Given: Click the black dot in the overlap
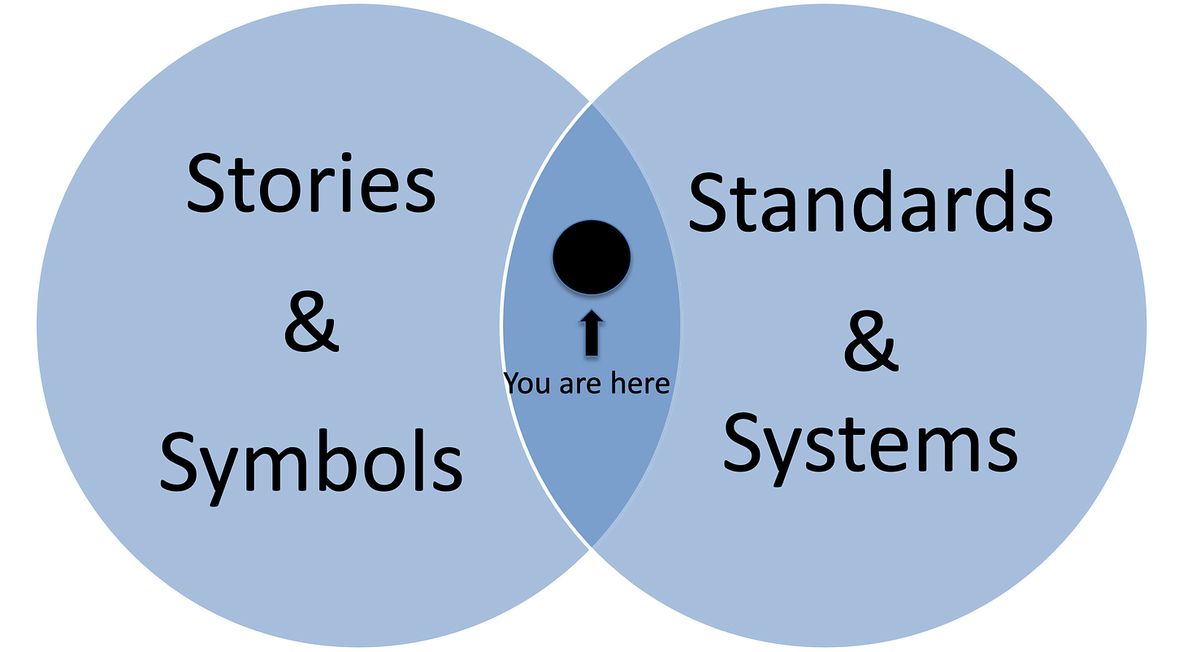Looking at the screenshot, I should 591,257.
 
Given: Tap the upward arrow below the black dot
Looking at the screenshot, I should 591,334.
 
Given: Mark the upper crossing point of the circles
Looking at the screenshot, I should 591,103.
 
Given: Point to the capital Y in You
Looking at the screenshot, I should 513,382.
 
